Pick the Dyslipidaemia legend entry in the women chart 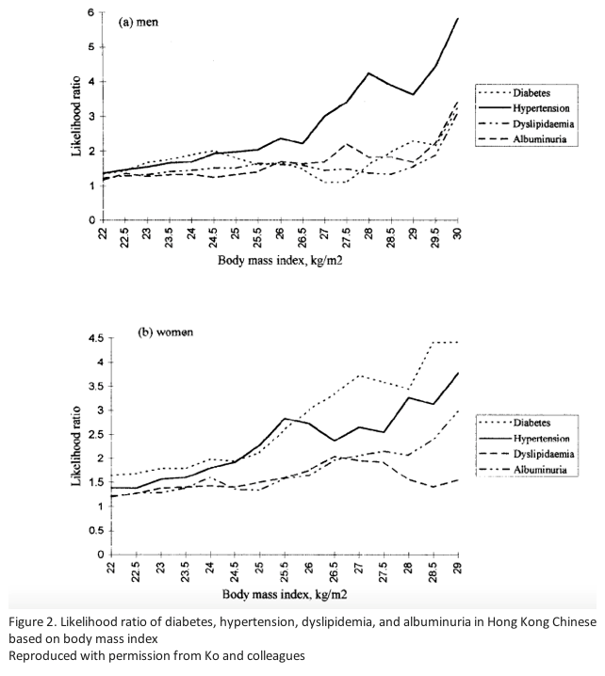tap(527, 454)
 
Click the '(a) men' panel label tap(139, 22)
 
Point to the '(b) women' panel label tap(165, 332)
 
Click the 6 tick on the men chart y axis tap(91, 12)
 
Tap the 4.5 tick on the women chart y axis tap(96, 338)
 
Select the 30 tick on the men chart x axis tap(458, 233)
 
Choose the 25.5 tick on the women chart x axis tap(285, 571)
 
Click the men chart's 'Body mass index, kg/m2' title tap(280, 261)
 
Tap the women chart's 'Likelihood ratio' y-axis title tap(76, 446)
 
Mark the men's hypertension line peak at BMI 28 tap(368, 73)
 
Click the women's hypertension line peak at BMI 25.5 tap(285, 418)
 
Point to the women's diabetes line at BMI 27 tap(359, 376)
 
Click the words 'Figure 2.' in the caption tap(32, 622)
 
